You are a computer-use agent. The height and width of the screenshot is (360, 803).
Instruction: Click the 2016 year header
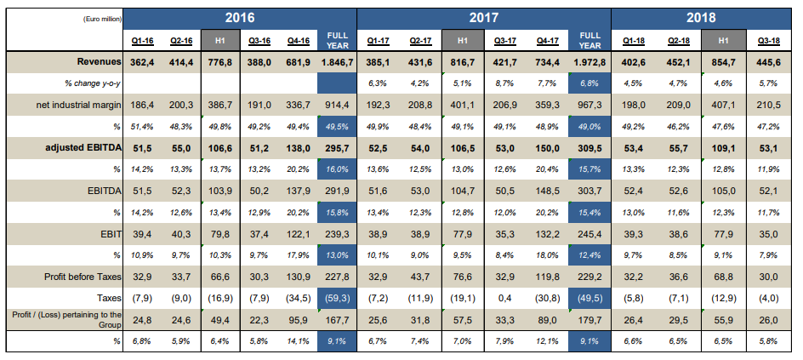(x=240, y=19)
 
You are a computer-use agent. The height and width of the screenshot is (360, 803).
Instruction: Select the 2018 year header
(x=702, y=19)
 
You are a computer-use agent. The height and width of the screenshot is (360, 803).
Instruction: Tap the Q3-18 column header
(x=769, y=41)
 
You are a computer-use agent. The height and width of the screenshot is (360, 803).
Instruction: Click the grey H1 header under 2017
(x=463, y=40)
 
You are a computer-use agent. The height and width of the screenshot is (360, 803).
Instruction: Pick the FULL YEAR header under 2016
(x=337, y=40)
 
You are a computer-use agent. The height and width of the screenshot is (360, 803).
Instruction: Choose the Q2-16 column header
(x=181, y=41)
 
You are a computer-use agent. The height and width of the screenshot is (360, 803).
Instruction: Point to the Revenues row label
(x=100, y=61)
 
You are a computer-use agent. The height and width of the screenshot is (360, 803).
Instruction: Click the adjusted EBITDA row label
(x=83, y=148)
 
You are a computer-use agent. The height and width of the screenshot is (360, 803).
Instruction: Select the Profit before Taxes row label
(x=83, y=277)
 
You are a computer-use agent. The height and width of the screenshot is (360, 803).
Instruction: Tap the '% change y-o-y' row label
(x=92, y=83)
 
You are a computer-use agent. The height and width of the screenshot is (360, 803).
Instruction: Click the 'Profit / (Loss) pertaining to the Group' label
(x=67, y=319)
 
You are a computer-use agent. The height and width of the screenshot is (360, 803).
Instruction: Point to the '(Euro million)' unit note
(x=102, y=19)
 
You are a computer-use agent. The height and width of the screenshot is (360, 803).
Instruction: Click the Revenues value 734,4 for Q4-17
(x=548, y=62)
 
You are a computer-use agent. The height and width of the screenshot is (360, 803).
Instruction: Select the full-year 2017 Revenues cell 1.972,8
(x=590, y=62)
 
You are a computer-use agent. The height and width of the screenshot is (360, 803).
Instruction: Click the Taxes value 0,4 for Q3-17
(x=506, y=298)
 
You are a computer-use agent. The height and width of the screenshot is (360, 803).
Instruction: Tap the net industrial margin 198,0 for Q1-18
(x=633, y=105)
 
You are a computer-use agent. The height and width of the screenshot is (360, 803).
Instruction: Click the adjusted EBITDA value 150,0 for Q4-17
(x=548, y=148)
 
